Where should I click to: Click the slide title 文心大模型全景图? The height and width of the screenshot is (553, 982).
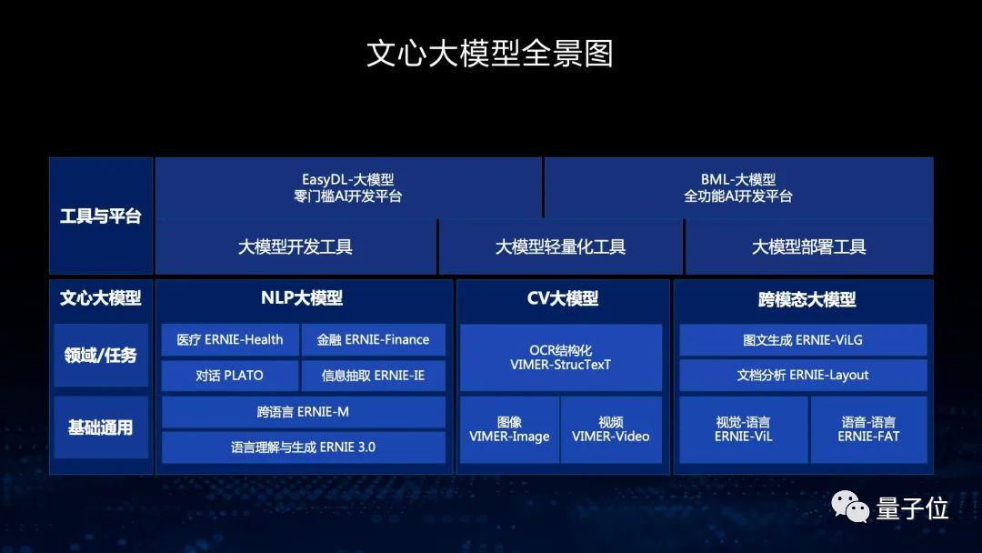pos(490,53)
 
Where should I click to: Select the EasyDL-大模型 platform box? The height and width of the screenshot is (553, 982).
pos(348,188)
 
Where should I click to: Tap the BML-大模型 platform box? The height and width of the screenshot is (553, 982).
pos(737,188)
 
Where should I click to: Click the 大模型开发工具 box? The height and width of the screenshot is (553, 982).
pos(296,246)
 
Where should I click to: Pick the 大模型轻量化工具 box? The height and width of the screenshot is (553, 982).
pos(560,246)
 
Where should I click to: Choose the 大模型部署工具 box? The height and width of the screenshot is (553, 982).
pos(808,246)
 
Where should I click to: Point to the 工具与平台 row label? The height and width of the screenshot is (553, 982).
pos(100,216)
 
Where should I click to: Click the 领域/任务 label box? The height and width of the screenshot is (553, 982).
pos(100,355)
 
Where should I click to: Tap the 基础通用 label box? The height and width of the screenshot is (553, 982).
pos(100,427)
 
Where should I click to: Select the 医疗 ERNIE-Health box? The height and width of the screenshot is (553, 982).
pos(230,340)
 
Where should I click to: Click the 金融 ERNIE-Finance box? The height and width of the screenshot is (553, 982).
pos(373,340)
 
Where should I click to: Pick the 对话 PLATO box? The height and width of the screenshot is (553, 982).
pos(230,375)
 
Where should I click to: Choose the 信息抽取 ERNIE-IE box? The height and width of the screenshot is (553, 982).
pos(373,375)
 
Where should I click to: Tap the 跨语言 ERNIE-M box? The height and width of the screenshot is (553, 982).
pos(303,411)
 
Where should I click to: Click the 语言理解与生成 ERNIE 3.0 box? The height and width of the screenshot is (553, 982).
pos(303,447)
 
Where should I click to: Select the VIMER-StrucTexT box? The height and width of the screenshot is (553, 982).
pos(560,357)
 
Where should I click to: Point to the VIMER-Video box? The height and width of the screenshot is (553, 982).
pos(610,429)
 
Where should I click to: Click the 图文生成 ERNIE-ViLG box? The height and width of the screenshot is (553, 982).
pos(803,340)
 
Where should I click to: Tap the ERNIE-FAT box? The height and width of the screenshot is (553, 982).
pos(868,429)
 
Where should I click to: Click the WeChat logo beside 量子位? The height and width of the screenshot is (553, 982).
pos(849,507)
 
